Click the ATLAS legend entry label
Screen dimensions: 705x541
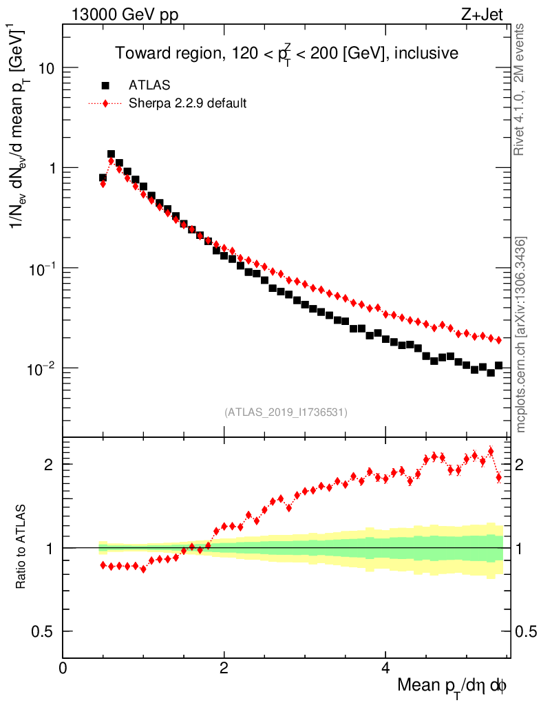[x=149, y=85]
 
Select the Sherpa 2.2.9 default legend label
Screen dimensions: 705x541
[x=188, y=103]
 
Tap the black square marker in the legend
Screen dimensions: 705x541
[x=105, y=85]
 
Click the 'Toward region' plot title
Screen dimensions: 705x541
[x=286, y=53]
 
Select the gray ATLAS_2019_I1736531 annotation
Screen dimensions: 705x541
[x=286, y=412]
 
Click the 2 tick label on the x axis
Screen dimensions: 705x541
[x=224, y=669]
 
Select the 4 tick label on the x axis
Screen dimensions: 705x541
[x=385, y=669]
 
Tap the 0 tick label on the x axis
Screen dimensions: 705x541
[x=63, y=669]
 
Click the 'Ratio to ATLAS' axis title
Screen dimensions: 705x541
[x=21, y=547]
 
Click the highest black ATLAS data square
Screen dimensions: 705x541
[x=111, y=154]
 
